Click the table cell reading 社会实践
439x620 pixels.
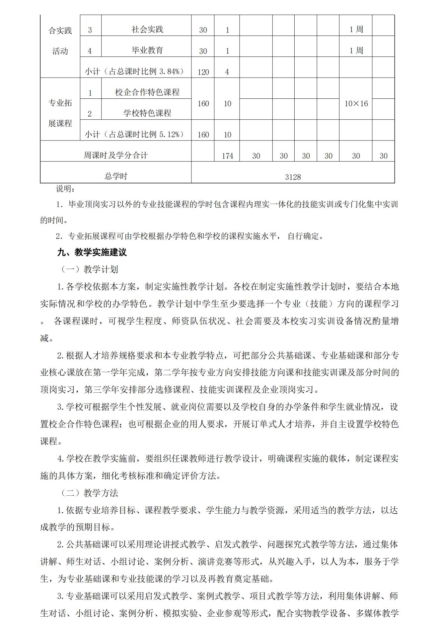coord(147,29)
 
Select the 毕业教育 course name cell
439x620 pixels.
coord(147,50)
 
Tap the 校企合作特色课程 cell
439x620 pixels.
coord(147,92)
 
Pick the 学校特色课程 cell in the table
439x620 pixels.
coord(147,113)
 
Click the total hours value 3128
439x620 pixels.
coord(293,177)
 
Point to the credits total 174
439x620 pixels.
coord(227,156)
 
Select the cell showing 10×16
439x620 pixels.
coord(356,103)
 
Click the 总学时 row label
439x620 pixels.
coord(116,176)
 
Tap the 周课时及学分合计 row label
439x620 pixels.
coord(116,155)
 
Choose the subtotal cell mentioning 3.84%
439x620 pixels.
coord(134,71)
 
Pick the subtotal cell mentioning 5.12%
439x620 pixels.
coord(134,134)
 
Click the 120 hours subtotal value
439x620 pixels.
coord(203,72)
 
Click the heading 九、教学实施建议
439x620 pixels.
coord(92,253)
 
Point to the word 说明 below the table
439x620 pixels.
coord(65,189)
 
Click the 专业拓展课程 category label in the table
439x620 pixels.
coord(60,113)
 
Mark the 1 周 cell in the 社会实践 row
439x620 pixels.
coord(356,29)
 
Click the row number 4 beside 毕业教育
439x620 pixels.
coord(90,51)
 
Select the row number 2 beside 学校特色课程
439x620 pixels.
coord(90,114)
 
